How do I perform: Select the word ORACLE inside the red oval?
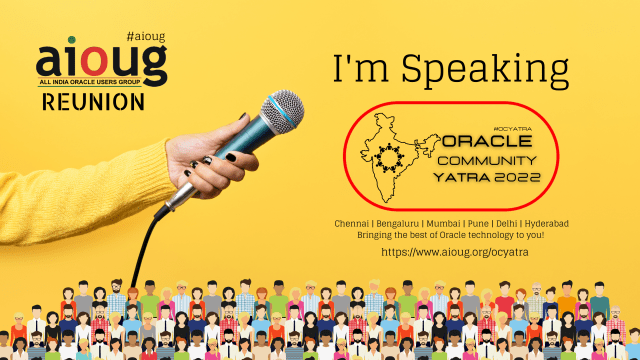[x=491, y=140]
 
